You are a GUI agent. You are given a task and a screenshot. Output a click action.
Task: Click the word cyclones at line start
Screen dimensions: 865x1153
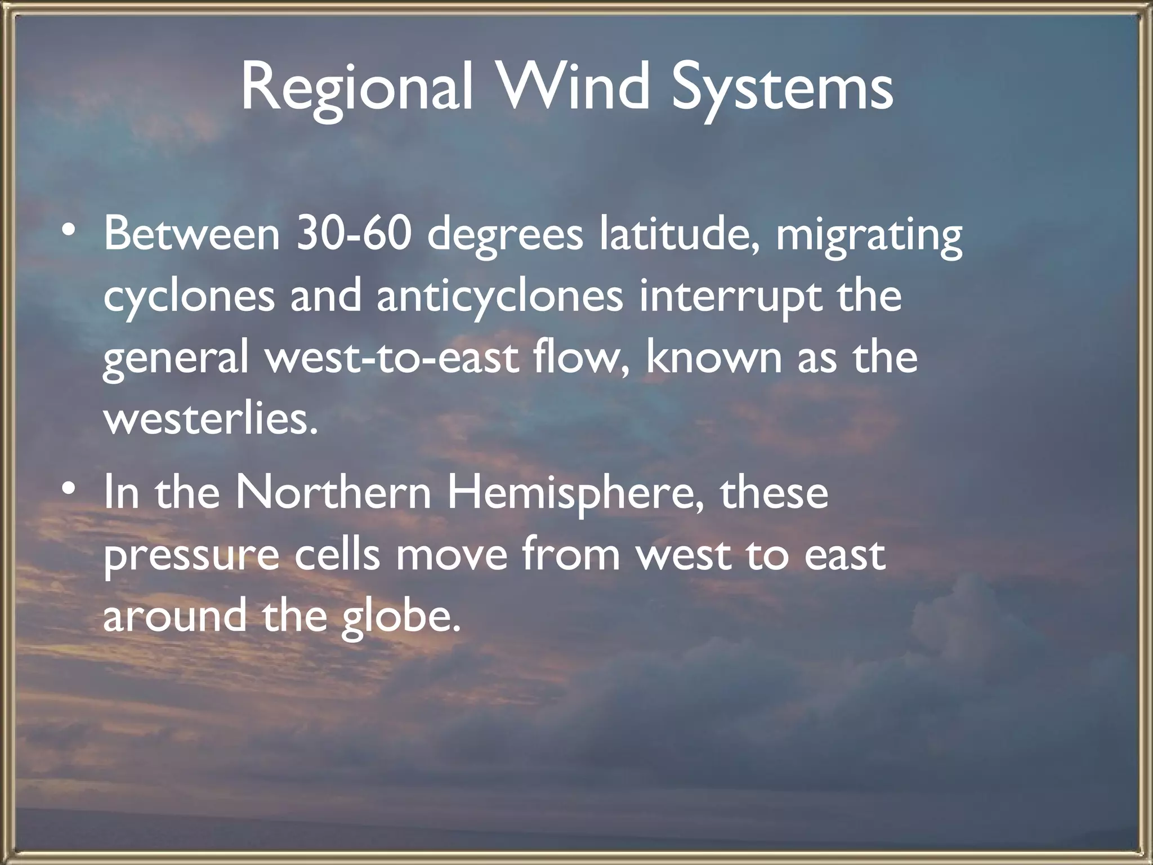click(x=189, y=297)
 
